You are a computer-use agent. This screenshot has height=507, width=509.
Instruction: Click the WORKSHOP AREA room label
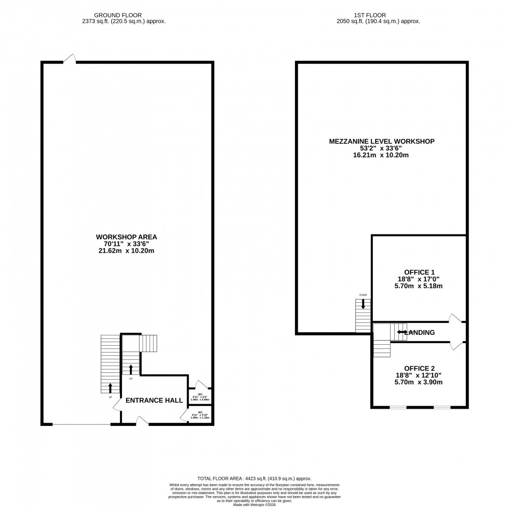click(x=127, y=237)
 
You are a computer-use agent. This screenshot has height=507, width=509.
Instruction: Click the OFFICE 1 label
click(x=419, y=271)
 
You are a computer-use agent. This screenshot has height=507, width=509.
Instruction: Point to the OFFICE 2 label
click(x=419, y=368)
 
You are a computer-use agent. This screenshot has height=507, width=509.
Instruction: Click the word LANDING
click(x=420, y=332)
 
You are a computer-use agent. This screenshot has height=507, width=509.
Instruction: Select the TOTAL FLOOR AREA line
click(x=254, y=478)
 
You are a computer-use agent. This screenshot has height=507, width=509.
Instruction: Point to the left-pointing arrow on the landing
click(x=401, y=332)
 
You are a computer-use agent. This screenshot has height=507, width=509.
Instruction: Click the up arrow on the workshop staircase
click(x=110, y=388)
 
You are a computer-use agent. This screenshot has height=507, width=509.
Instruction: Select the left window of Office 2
click(x=398, y=407)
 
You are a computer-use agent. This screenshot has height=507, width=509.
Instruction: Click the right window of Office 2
click(x=442, y=407)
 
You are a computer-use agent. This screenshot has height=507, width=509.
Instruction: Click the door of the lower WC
click(x=184, y=415)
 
